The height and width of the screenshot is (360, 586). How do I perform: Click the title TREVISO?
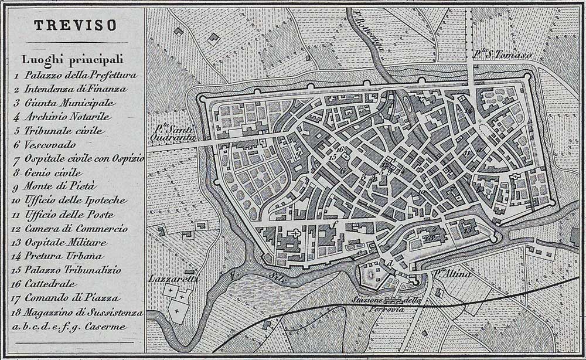coord(74,25)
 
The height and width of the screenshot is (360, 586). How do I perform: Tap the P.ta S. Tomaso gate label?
coord(502,56)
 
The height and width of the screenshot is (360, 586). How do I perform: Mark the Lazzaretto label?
coord(173,279)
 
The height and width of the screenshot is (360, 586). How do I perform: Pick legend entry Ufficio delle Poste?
coord(67,214)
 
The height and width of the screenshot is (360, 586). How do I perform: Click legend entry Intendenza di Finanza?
coord(75,89)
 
